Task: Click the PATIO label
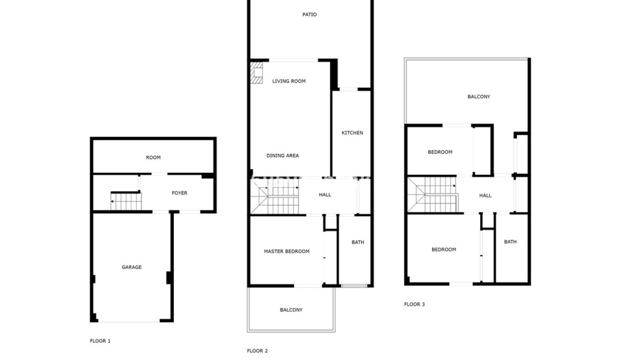309,14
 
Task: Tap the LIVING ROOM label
289,81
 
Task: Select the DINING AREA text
282,156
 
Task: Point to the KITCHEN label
352,133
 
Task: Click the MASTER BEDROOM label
286,251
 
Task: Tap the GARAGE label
131,267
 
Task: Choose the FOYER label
179,193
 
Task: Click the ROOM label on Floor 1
153,158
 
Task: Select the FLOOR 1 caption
100,341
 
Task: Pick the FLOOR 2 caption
258,351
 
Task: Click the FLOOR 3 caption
414,305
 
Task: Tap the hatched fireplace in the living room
257,73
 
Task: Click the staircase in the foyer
126,201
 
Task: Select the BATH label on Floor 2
357,242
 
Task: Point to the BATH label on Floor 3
510,242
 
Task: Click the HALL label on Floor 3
485,196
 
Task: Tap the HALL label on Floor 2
325,195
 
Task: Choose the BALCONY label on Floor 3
479,97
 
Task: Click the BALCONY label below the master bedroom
291,310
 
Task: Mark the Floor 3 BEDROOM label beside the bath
443,250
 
